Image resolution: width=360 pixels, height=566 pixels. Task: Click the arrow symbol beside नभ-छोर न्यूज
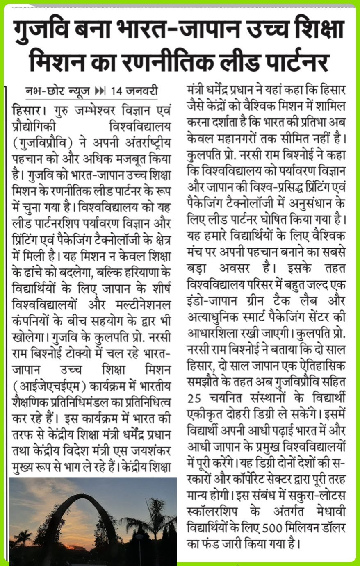click(100, 91)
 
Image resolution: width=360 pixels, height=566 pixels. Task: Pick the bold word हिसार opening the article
click(27, 111)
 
